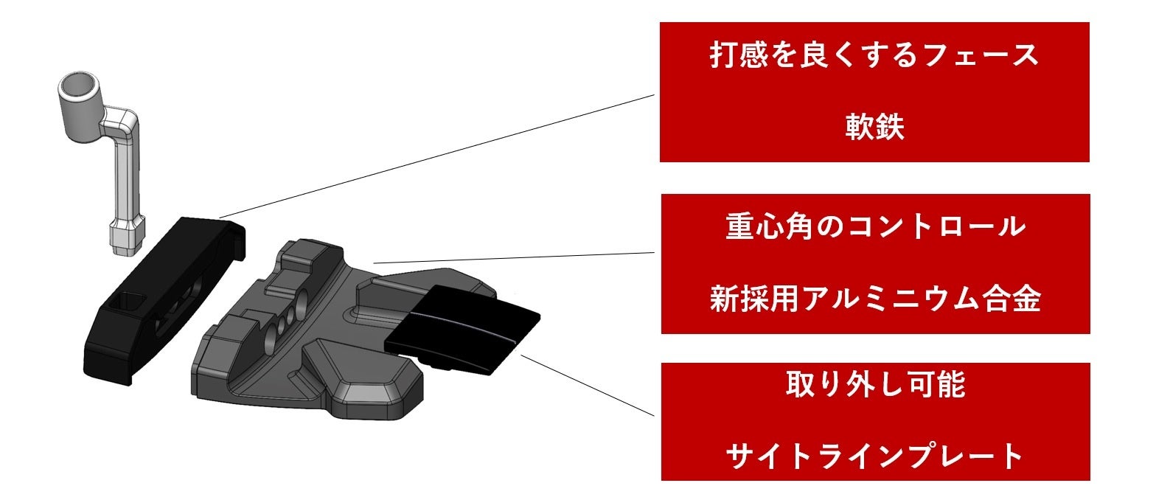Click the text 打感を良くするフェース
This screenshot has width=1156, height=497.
click(x=874, y=56)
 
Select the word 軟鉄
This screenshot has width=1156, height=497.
click(x=874, y=128)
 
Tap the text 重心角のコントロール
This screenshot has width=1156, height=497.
click(x=874, y=226)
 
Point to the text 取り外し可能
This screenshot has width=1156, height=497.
click(x=874, y=385)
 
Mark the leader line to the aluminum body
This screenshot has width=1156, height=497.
click(x=516, y=257)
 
